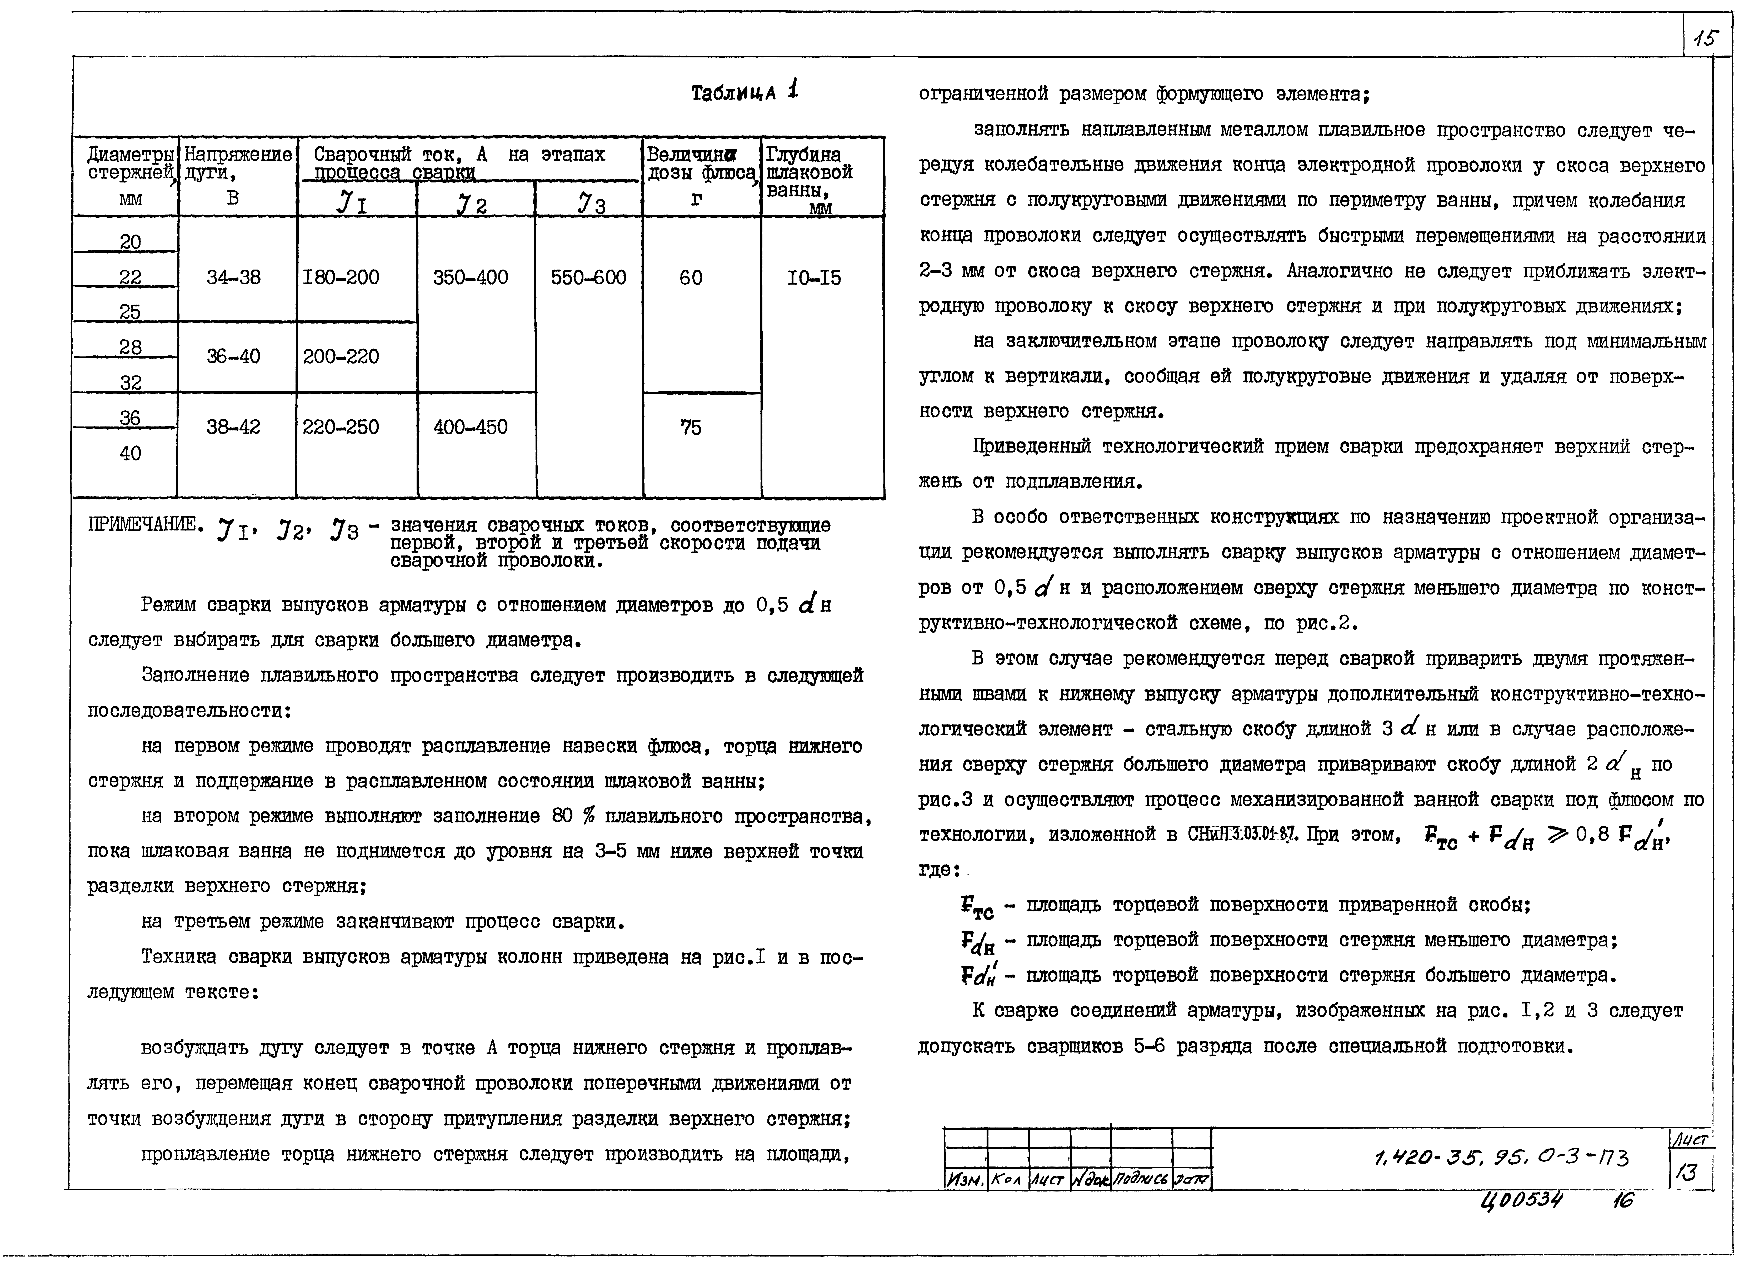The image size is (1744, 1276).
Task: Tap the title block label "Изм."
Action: (965, 1180)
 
